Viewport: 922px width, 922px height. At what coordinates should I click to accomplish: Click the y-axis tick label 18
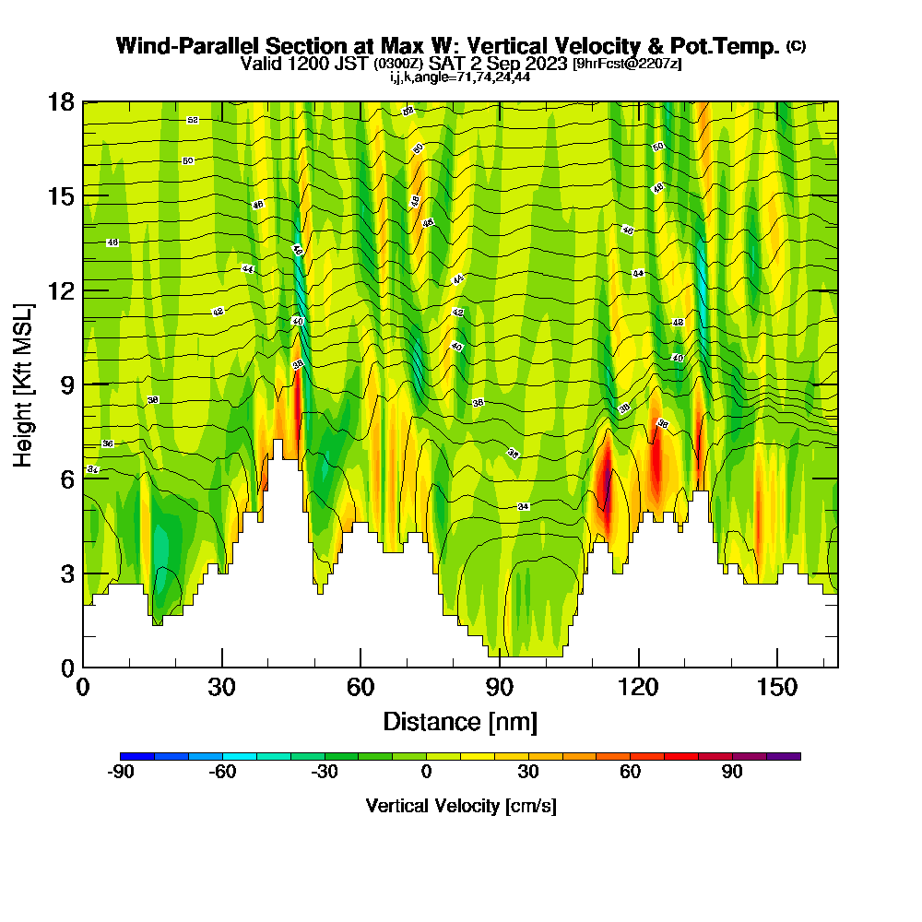coord(62,102)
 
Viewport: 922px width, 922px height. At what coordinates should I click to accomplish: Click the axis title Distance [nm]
coord(460,721)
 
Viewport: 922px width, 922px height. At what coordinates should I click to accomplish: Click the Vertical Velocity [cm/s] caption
coord(461,806)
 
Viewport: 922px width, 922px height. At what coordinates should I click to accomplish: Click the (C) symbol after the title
coord(796,46)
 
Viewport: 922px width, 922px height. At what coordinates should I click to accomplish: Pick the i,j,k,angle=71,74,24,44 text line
coord(460,77)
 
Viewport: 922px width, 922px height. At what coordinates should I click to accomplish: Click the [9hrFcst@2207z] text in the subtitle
coord(627,64)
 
